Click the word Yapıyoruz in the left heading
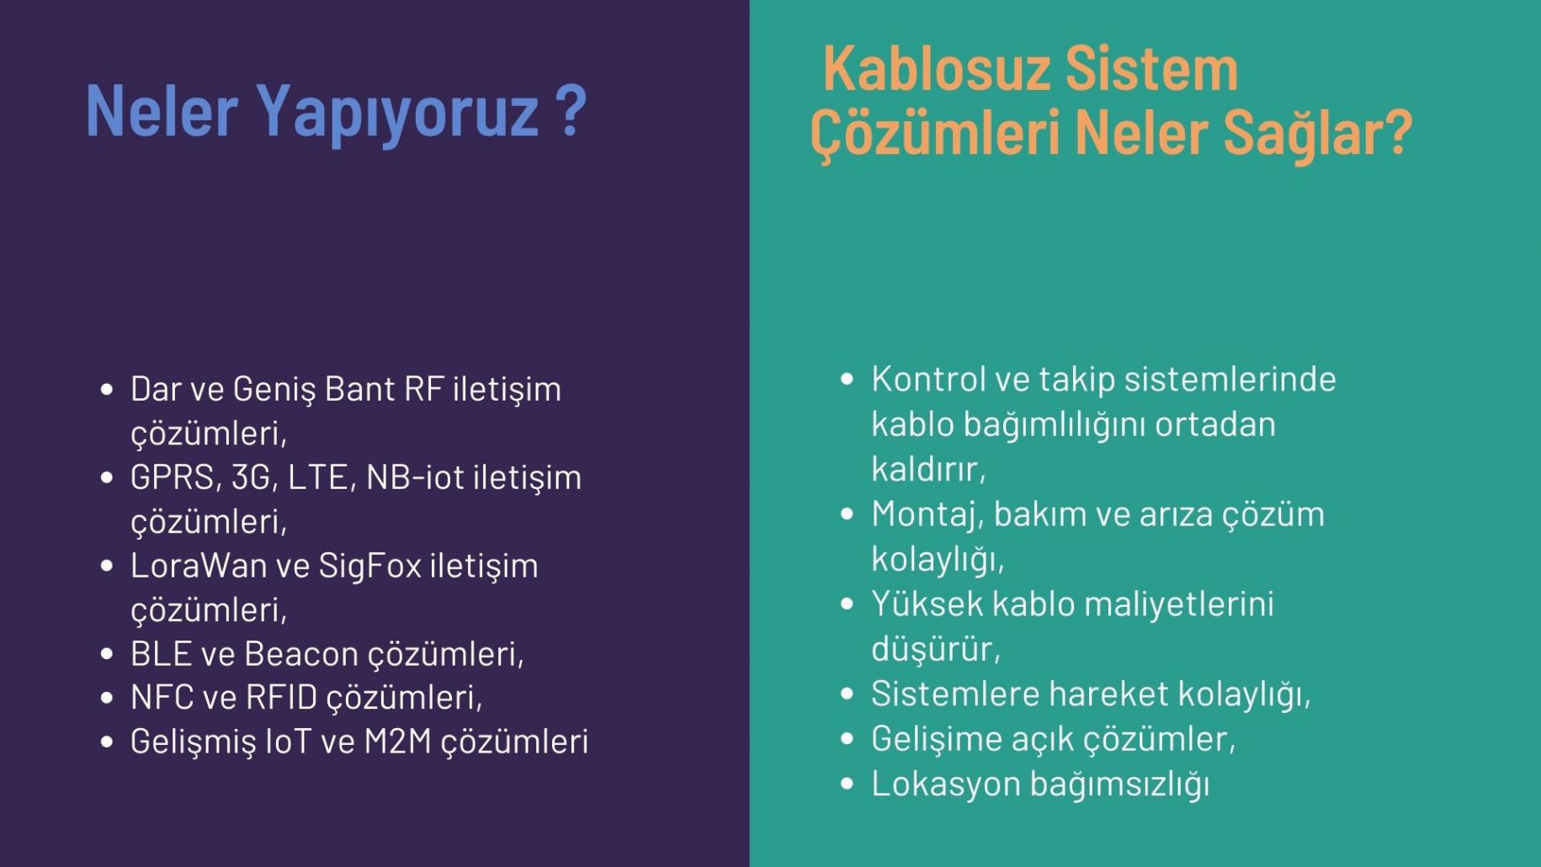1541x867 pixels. coord(396,114)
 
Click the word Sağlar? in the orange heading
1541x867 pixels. coord(1317,135)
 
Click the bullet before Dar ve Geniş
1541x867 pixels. coord(107,390)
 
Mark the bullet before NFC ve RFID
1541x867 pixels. coord(107,698)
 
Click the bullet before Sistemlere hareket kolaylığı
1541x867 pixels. coord(848,694)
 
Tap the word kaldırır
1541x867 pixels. coord(928,470)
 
